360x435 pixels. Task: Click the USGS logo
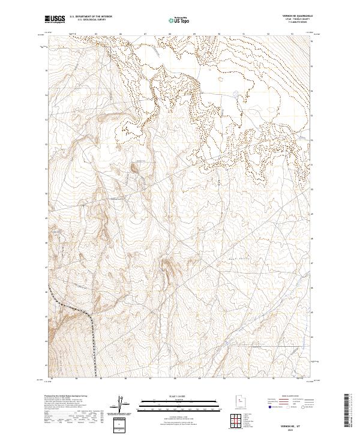55,19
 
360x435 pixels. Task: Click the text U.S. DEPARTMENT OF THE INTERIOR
91,17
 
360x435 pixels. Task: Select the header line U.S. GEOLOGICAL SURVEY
87,20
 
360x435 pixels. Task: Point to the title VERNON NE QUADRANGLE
300,16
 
